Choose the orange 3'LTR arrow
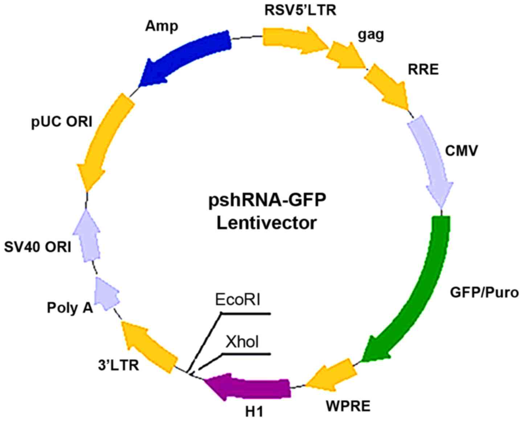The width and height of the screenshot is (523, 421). click(x=149, y=345)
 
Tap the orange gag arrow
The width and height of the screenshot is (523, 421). click(x=345, y=56)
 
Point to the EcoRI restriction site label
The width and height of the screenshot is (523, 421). click(x=238, y=301)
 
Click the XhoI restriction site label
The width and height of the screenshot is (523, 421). click(x=242, y=342)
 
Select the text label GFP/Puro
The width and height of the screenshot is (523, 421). click(x=484, y=292)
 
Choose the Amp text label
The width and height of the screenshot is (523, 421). click(x=162, y=26)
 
